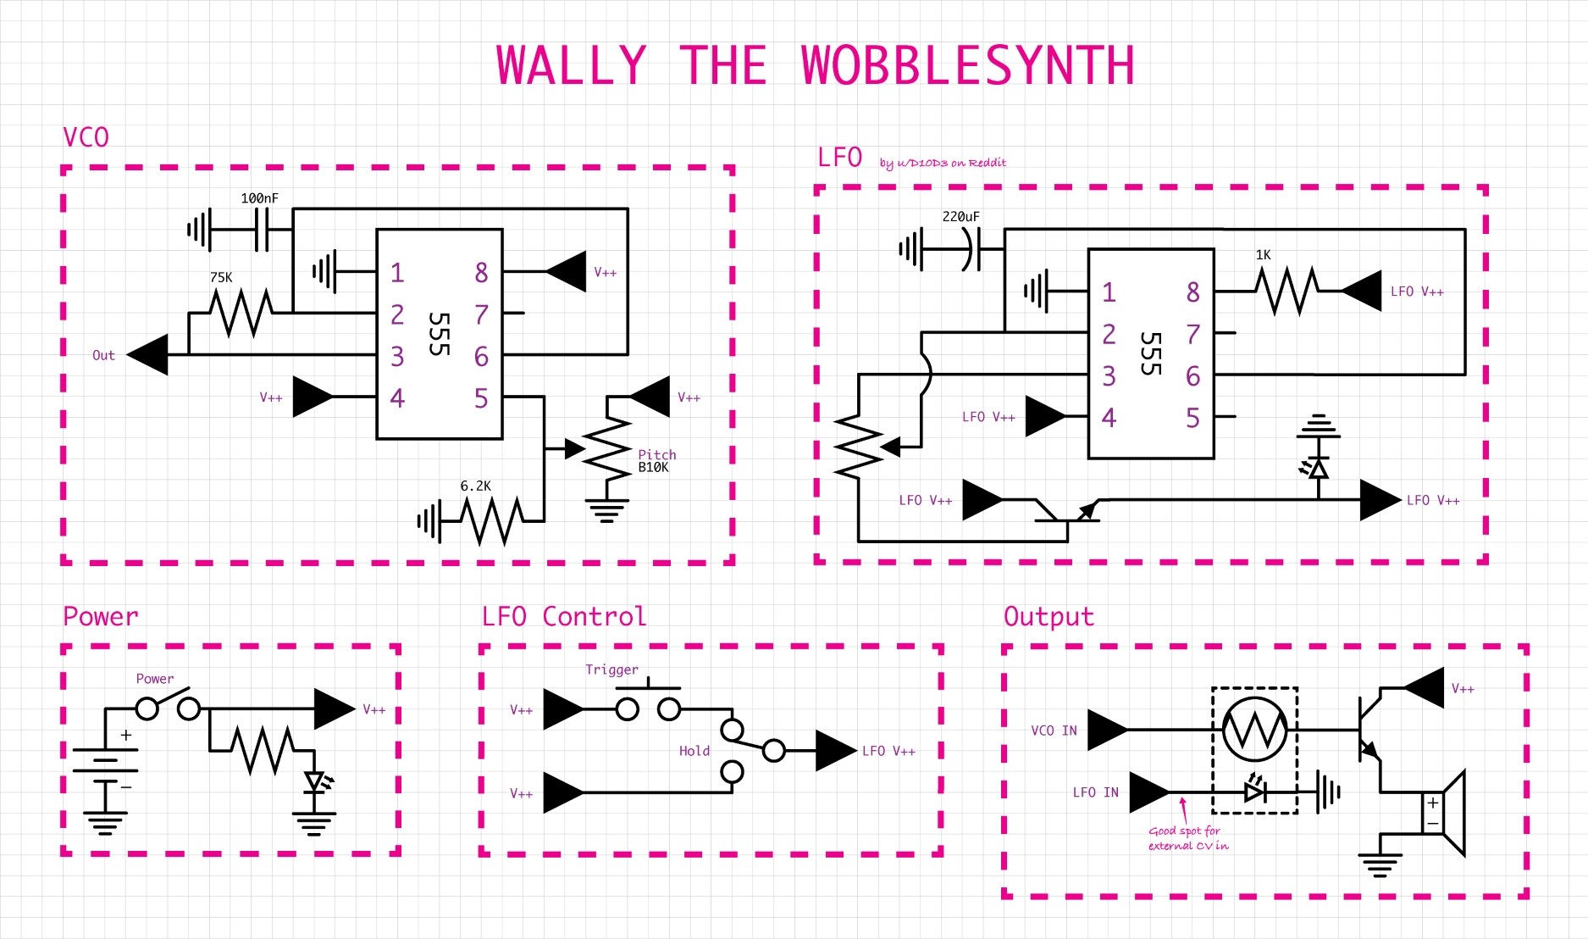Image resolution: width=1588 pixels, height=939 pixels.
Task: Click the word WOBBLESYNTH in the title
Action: click(x=967, y=66)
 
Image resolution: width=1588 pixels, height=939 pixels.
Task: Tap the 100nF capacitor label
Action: click(x=259, y=198)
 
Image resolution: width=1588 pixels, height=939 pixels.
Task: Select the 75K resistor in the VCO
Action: click(x=241, y=313)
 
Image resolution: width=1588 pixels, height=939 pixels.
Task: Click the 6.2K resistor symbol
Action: click(x=491, y=520)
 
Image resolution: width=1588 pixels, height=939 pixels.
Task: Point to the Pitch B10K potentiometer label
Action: click(x=656, y=461)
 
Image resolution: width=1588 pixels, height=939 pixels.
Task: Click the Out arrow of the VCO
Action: click(x=149, y=354)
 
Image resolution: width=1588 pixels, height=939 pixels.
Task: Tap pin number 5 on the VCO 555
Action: click(x=480, y=398)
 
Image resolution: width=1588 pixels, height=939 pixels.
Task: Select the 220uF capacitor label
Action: click(x=960, y=217)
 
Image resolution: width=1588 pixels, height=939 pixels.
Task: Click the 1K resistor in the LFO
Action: click(x=1286, y=291)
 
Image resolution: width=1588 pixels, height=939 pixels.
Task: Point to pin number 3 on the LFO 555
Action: click(x=1109, y=375)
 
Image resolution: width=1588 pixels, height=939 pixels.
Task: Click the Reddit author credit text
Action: click(x=942, y=163)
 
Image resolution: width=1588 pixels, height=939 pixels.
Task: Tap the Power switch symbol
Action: click(x=168, y=705)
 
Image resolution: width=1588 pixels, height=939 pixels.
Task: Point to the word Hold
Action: click(x=694, y=751)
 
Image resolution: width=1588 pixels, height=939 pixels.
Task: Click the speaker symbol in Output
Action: click(x=1445, y=812)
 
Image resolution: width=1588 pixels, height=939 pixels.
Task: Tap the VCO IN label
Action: click(x=1054, y=731)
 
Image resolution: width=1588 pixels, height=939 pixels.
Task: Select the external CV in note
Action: click(x=1187, y=838)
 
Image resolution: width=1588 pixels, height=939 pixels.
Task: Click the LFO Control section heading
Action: click(x=563, y=616)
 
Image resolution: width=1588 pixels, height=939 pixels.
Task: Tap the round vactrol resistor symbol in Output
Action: click(x=1254, y=729)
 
